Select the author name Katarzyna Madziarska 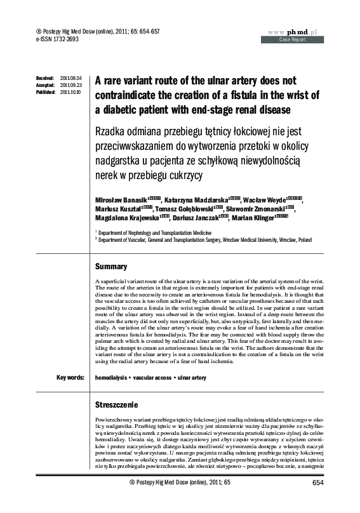click(193, 201)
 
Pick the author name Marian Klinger click(251, 219)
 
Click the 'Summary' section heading click(110, 266)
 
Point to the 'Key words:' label click(70, 378)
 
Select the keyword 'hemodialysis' click(111, 378)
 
